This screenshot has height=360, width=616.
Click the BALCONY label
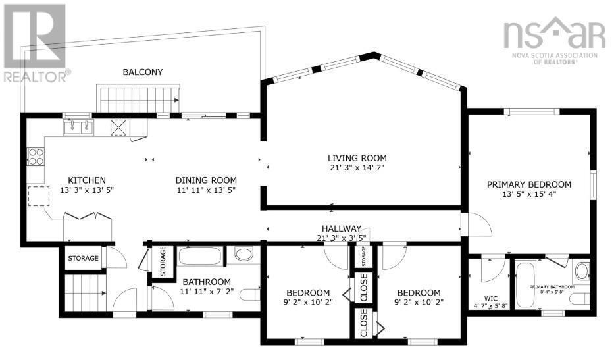click(x=142, y=72)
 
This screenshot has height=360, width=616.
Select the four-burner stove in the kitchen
click(x=36, y=157)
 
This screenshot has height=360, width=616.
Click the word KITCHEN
click(x=87, y=180)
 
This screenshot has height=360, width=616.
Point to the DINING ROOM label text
click(x=206, y=180)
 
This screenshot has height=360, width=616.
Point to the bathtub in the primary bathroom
click(x=525, y=284)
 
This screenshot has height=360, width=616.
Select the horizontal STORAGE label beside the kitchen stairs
click(x=84, y=258)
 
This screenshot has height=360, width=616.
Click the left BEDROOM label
click(x=307, y=293)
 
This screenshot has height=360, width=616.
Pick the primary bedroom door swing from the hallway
click(x=479, y=225)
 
